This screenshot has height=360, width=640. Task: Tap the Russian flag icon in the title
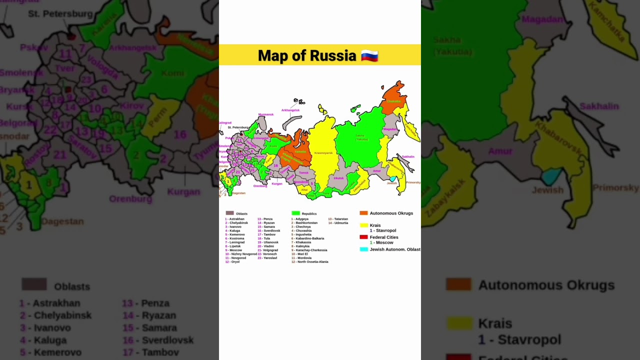pyautogui.click(x=369, y=55)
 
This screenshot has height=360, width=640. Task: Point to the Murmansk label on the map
pyautogui.click(x=266, y=114)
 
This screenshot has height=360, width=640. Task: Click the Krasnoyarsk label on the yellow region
pyautogui.click(x=323, y=153)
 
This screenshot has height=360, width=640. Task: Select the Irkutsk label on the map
pyautogui.click(x=339, y=178)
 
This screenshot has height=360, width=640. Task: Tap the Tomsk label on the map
pyautogui.click(x=303, y=172)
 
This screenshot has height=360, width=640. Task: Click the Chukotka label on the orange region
pyautogui.click(x=393, y=101)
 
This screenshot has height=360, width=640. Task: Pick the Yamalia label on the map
pyautogui.click(x=300, y=151)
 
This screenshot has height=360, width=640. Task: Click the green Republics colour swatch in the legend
pyautogui.click(x=295, y=213)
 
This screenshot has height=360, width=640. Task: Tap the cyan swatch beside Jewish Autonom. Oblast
pyautogui.click(x=363, y=249)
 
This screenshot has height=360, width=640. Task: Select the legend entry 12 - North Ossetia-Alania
pyautogui.click(x=310, y=262)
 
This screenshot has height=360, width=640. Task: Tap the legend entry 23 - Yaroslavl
pyautogui.click(x=267, y=258)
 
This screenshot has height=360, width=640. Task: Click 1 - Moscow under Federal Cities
pyautogui.click(x=381, y=242)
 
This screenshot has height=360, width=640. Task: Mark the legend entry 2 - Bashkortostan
pyautogui.click(x=304, y=223)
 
